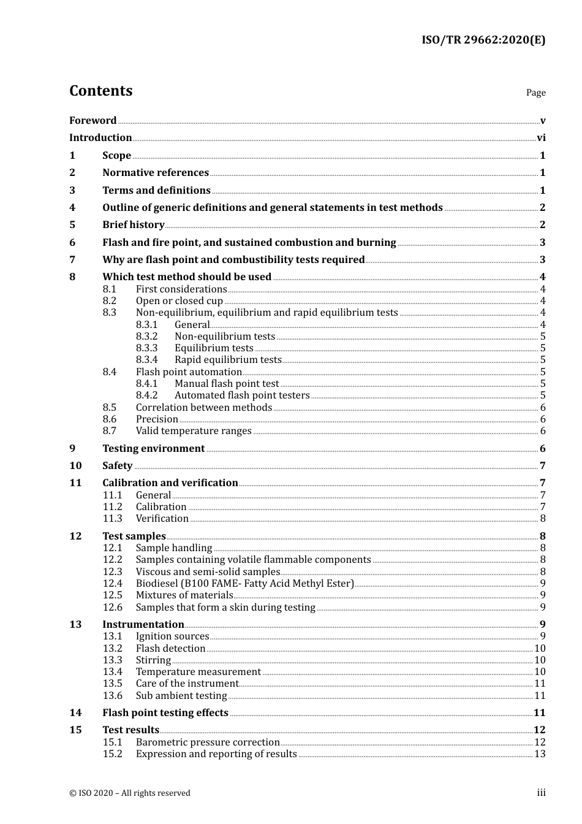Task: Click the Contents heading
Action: coord(100,91)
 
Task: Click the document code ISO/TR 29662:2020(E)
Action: coord(483,40)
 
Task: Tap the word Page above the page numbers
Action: coord(535,93)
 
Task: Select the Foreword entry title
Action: coord(93,121)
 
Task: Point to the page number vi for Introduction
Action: coord(541,138)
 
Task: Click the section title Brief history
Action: coord(133,225)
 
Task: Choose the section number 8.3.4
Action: coord(146,360)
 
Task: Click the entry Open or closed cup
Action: coord(179,301)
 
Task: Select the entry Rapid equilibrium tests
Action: coord(228,360)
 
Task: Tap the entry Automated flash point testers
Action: coord(242,395)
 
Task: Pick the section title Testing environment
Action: coord(153,449)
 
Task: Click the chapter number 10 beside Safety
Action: coord(75,466)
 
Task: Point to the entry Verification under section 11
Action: coord(162,519)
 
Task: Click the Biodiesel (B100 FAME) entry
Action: coord(244,584)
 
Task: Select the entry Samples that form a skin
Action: coord(225,608)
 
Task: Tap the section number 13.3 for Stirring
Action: coord(112,660)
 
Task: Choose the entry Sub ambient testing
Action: coord(181,696)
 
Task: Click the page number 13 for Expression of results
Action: coord(540,754)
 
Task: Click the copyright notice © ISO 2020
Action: coord(129,793)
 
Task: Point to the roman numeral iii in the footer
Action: coord(541,793)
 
